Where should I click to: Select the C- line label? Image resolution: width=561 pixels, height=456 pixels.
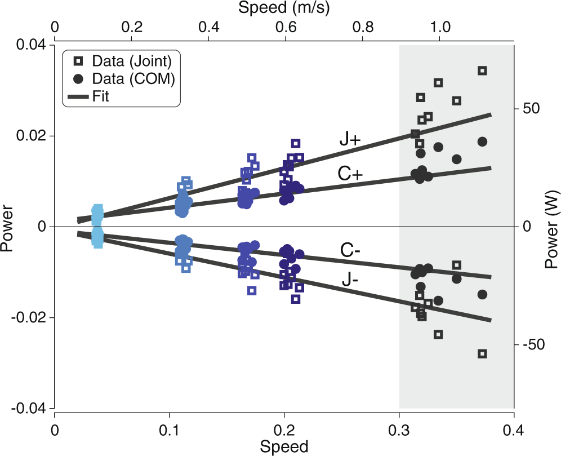click(350, 250)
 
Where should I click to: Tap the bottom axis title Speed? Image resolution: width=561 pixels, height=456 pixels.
click(284, 447)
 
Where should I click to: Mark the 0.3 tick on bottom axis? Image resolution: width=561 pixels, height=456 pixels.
click(399, 428)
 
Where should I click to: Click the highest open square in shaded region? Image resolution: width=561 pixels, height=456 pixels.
click(482, 70)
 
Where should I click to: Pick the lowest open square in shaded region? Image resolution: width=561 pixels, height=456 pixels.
click(482, 354)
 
